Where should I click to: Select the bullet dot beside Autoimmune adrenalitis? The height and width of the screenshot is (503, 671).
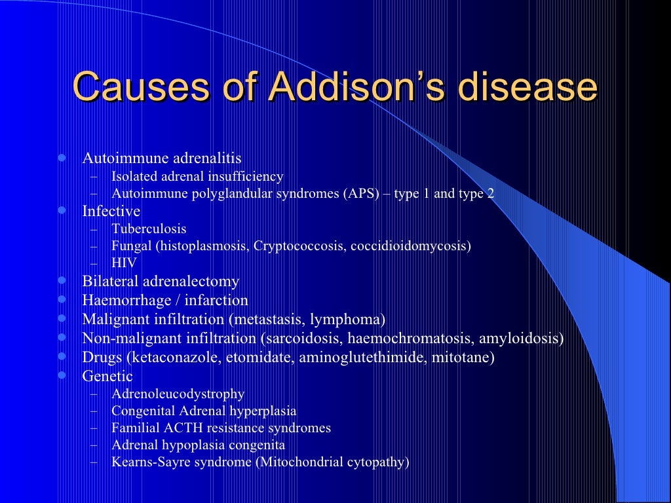(x=62, y=158)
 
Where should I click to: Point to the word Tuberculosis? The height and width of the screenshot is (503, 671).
(x=149, y=229)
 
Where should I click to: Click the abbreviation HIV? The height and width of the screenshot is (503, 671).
(x=124, y=263)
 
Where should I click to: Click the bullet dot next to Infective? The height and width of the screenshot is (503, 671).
(x=62, y=211)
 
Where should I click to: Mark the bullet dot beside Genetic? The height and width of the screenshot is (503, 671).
(x=62, y=376)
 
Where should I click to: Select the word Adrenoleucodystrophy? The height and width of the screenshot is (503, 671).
(x=178, y=394)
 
